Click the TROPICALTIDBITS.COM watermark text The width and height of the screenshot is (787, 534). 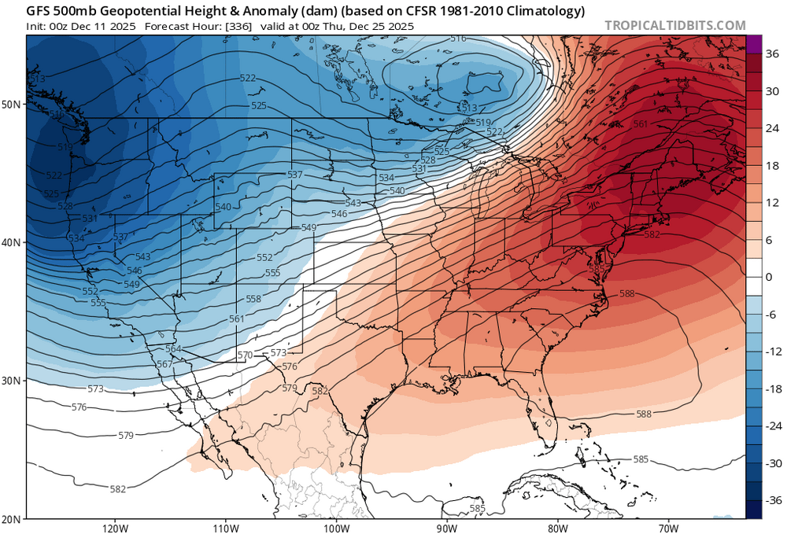click(674, 25)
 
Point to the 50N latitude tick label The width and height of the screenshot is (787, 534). click(12, 104)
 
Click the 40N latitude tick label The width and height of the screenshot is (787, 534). click(12, 242)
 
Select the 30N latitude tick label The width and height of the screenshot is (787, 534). click(12, 381)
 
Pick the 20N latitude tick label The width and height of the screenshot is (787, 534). click(12, 518)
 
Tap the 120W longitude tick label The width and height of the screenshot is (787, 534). click(115, 527)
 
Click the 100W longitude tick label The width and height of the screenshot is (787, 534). click(336, 527)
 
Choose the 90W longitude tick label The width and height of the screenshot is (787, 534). click(447, 527)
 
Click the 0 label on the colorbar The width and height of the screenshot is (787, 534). click(769, 277)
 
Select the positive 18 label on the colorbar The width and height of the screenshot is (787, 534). click(772, 166)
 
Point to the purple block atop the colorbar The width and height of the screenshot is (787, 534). click(753, 45)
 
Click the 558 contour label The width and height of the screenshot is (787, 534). click(253, 299)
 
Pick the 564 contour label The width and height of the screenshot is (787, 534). click(173, 348)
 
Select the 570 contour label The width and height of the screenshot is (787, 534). click(246, 355)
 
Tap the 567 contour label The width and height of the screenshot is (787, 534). click(164, 363)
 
